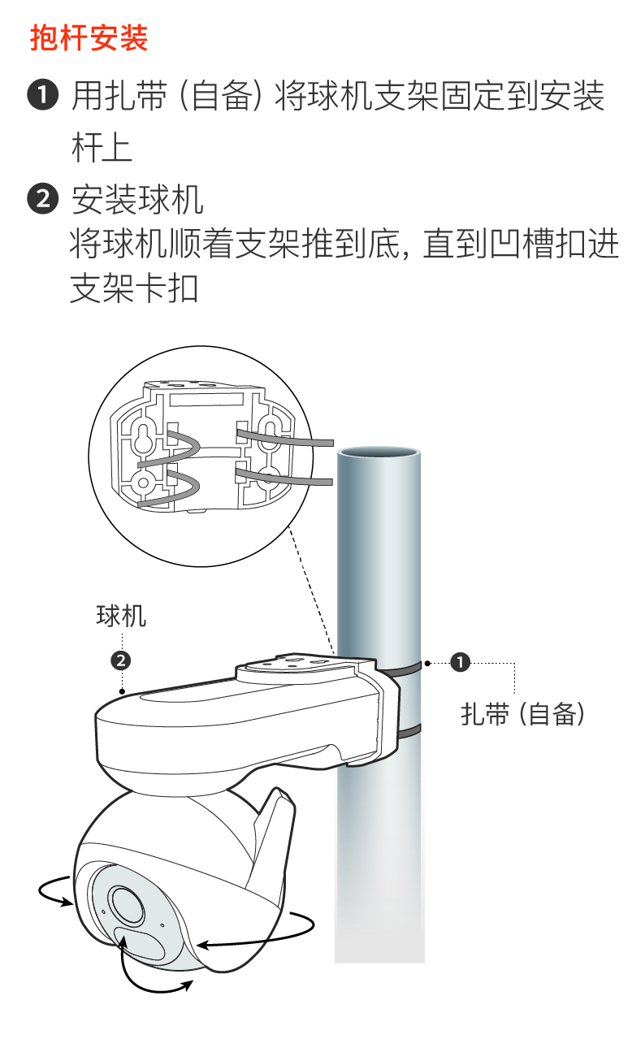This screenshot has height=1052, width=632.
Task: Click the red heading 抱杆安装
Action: pyautogui.click(x=89, y=37)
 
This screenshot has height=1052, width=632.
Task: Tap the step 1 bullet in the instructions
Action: pyautogui.click(x=43, y=95)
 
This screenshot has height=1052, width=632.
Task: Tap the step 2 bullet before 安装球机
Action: pyautogui.click(x=43, y=199)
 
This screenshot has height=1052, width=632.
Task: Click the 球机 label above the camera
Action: pyautogui.click(x=121, y=616)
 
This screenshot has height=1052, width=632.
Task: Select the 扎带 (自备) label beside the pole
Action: pyautogui.click(x=522, y=714)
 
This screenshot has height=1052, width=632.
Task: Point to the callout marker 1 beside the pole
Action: pyautogui.click(x=460, y=662)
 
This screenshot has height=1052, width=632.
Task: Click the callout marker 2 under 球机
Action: pyautogui.click(x=121, y=660)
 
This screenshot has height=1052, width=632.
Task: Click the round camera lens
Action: pyautogui.click(x=126, y=904)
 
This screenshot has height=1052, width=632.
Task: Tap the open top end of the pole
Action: pyautogui.click(x=379, y=453)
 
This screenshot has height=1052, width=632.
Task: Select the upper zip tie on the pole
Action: pyautogui.click(x=404, y=669)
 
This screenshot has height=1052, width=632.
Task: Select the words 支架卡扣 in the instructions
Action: pyautogui.click(x=134, y=288)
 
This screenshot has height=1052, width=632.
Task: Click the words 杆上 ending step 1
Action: pyautogui.click(x=102, y=148)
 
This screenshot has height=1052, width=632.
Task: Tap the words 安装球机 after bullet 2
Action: pyautogui.click(x=137, y=199)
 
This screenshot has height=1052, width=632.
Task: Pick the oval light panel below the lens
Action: pyautogui.click(x=140, y=943)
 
